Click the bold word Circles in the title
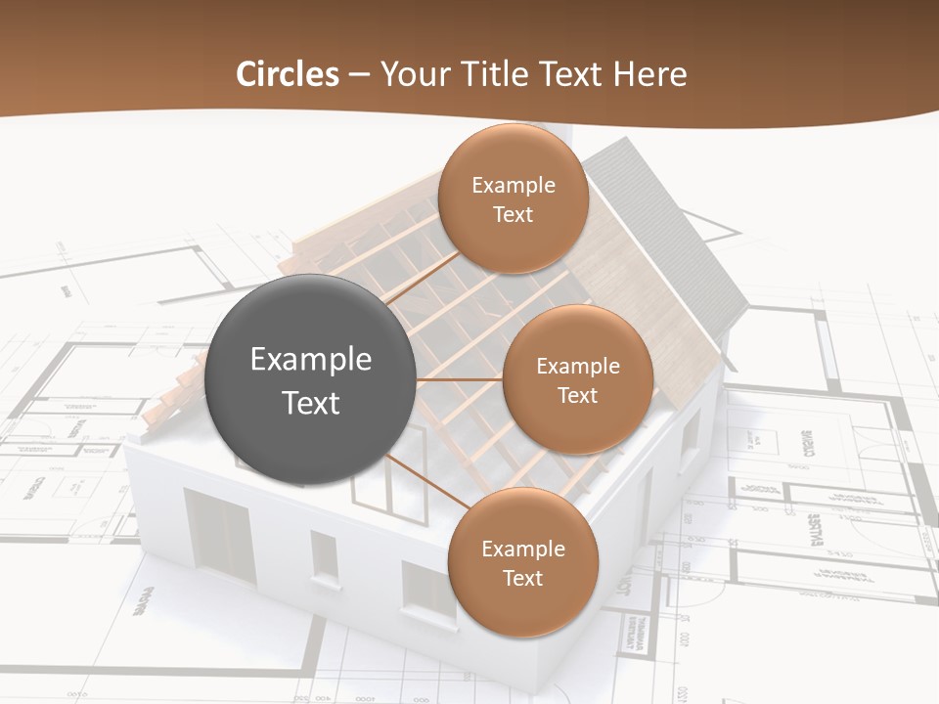pyautogui.click(x=288, y=74)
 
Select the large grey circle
pyautogui.click(x=311, y=379)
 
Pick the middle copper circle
pyautogui.click(x=577, y=379)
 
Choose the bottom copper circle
pyautogui.click(x=522, y=562)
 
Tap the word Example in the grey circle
pyautogui.click(x=311, y=360)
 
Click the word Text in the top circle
pyautogui.click(x=513, y=214)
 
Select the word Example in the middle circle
pyautogui.click(x=577, y=367)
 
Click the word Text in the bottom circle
pyautogui.click(x=522, y=578)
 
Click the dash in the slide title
pyautogui.click(x=359, y=75)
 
